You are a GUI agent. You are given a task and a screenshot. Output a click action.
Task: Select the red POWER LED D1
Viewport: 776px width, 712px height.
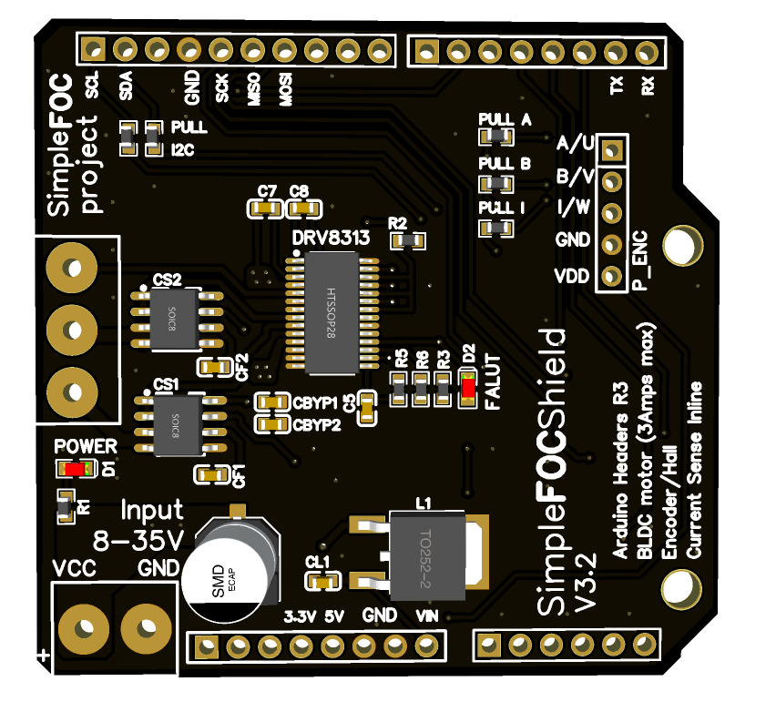pyautogui.click(x=73, y=470)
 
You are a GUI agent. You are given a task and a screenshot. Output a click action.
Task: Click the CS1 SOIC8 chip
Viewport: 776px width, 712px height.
pyautogui.click(x=171, y=422)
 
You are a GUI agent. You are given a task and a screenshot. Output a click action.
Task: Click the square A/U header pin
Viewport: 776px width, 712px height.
pyautogui.click(x=614, y=148)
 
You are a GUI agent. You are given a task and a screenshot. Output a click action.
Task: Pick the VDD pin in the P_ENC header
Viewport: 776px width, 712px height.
pyautogui.click(x=614, y=275)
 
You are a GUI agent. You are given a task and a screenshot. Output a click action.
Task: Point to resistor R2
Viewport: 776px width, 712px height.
pyautogui.click(x=406, y=240)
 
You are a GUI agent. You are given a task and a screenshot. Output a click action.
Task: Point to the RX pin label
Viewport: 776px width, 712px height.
pyautogui.click(x=648, y=87)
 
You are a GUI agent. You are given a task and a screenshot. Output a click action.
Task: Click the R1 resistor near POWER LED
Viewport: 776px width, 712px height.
pyautogui.click(x=64, y=505)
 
